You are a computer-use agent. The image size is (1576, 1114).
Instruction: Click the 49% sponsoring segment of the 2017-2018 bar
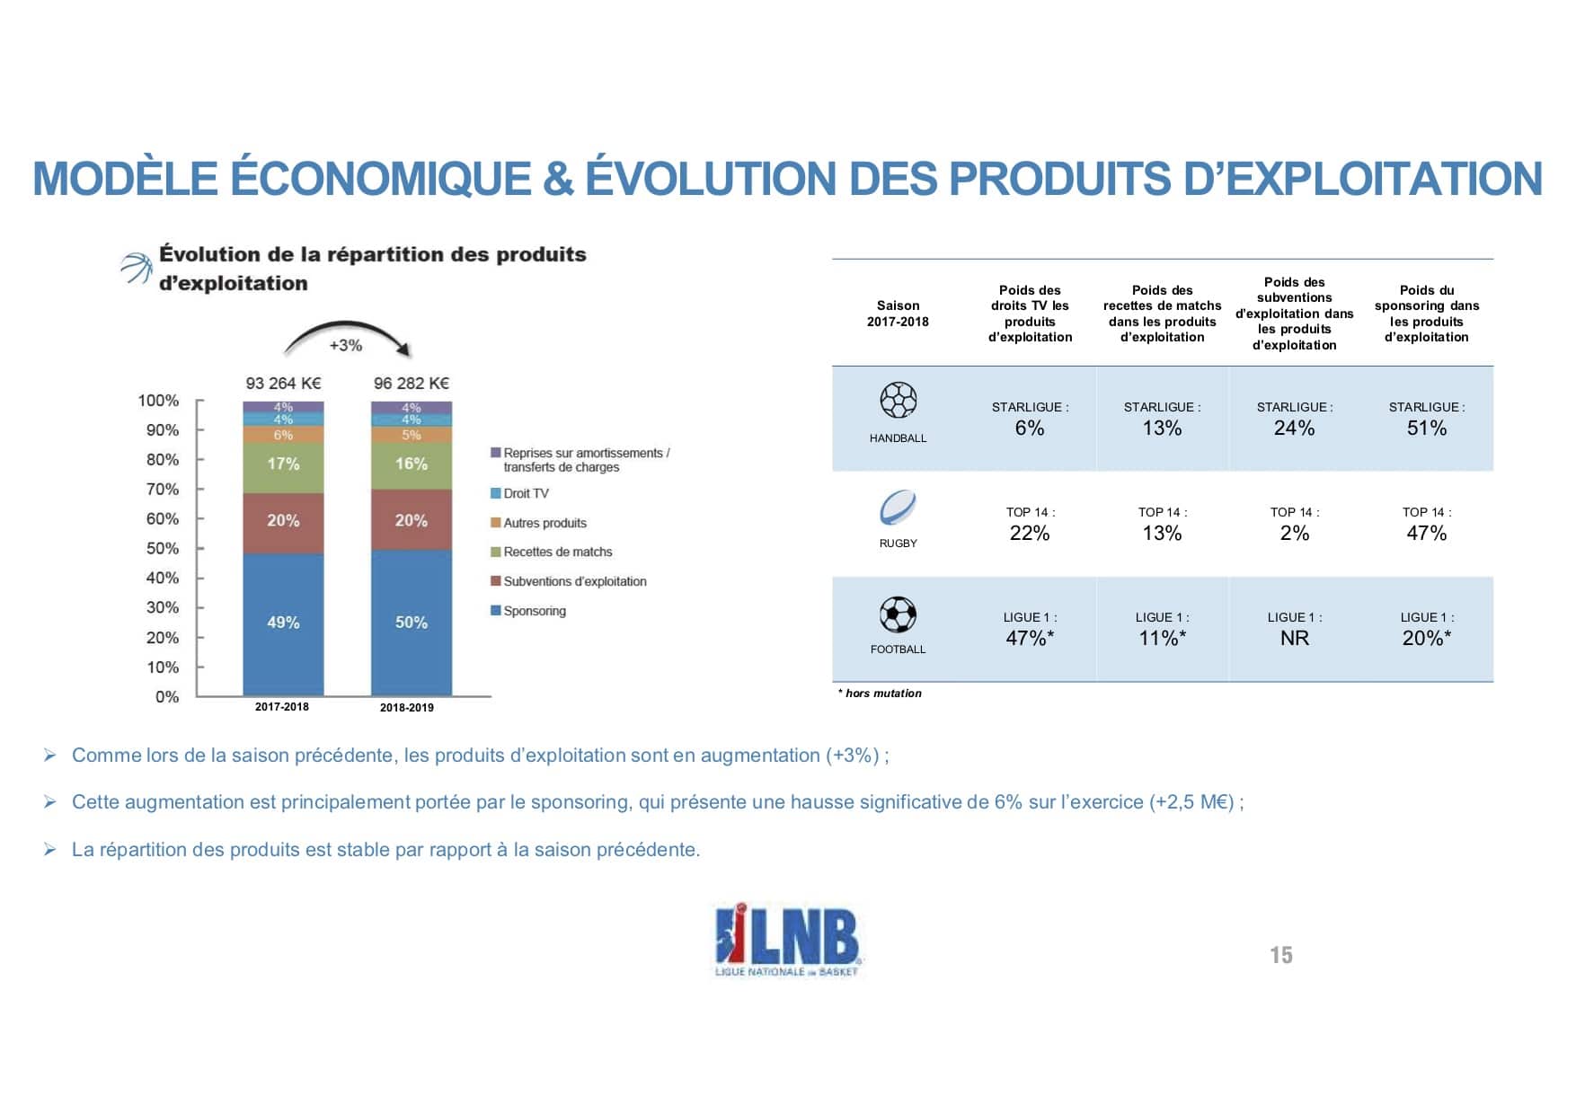(x=283, y=623)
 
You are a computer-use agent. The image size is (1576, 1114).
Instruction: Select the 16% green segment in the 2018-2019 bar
(x=412, y=464)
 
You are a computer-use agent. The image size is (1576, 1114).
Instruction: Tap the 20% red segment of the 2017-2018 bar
(x=283, y=521)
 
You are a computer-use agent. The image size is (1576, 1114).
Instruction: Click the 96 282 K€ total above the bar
(x=412, y=384)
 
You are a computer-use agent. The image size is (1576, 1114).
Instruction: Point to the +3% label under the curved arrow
(x=345, y=345)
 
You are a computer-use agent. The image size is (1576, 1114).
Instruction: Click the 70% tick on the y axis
(x=163, y=490)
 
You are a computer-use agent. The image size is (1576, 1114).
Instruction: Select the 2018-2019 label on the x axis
(x=406, y=708)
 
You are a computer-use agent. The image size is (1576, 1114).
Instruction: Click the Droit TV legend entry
(x=526, y=493)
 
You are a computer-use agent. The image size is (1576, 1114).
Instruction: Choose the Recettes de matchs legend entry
(x=557, y=552)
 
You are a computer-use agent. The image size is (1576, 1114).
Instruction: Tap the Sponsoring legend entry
(x=534, y=611)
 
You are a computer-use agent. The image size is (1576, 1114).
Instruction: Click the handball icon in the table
(x=898, y=401)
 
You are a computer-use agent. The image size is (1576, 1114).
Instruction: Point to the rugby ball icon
(x=898, y=508)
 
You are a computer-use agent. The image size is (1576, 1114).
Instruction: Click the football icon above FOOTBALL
(x=898, y=615)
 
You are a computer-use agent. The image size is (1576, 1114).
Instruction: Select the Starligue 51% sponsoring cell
(x=1427, y=428)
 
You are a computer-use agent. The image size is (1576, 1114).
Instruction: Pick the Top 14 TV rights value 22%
(x=1030, y=533)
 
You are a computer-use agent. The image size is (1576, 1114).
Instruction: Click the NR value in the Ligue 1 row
(x=1295, y=638)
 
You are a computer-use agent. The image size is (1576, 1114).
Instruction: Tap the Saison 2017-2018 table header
(x=898, y=314)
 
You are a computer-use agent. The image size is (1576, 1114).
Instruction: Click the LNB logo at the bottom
(x=787, y=940)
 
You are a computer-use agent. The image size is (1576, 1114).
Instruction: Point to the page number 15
(x=1281, y=956)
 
